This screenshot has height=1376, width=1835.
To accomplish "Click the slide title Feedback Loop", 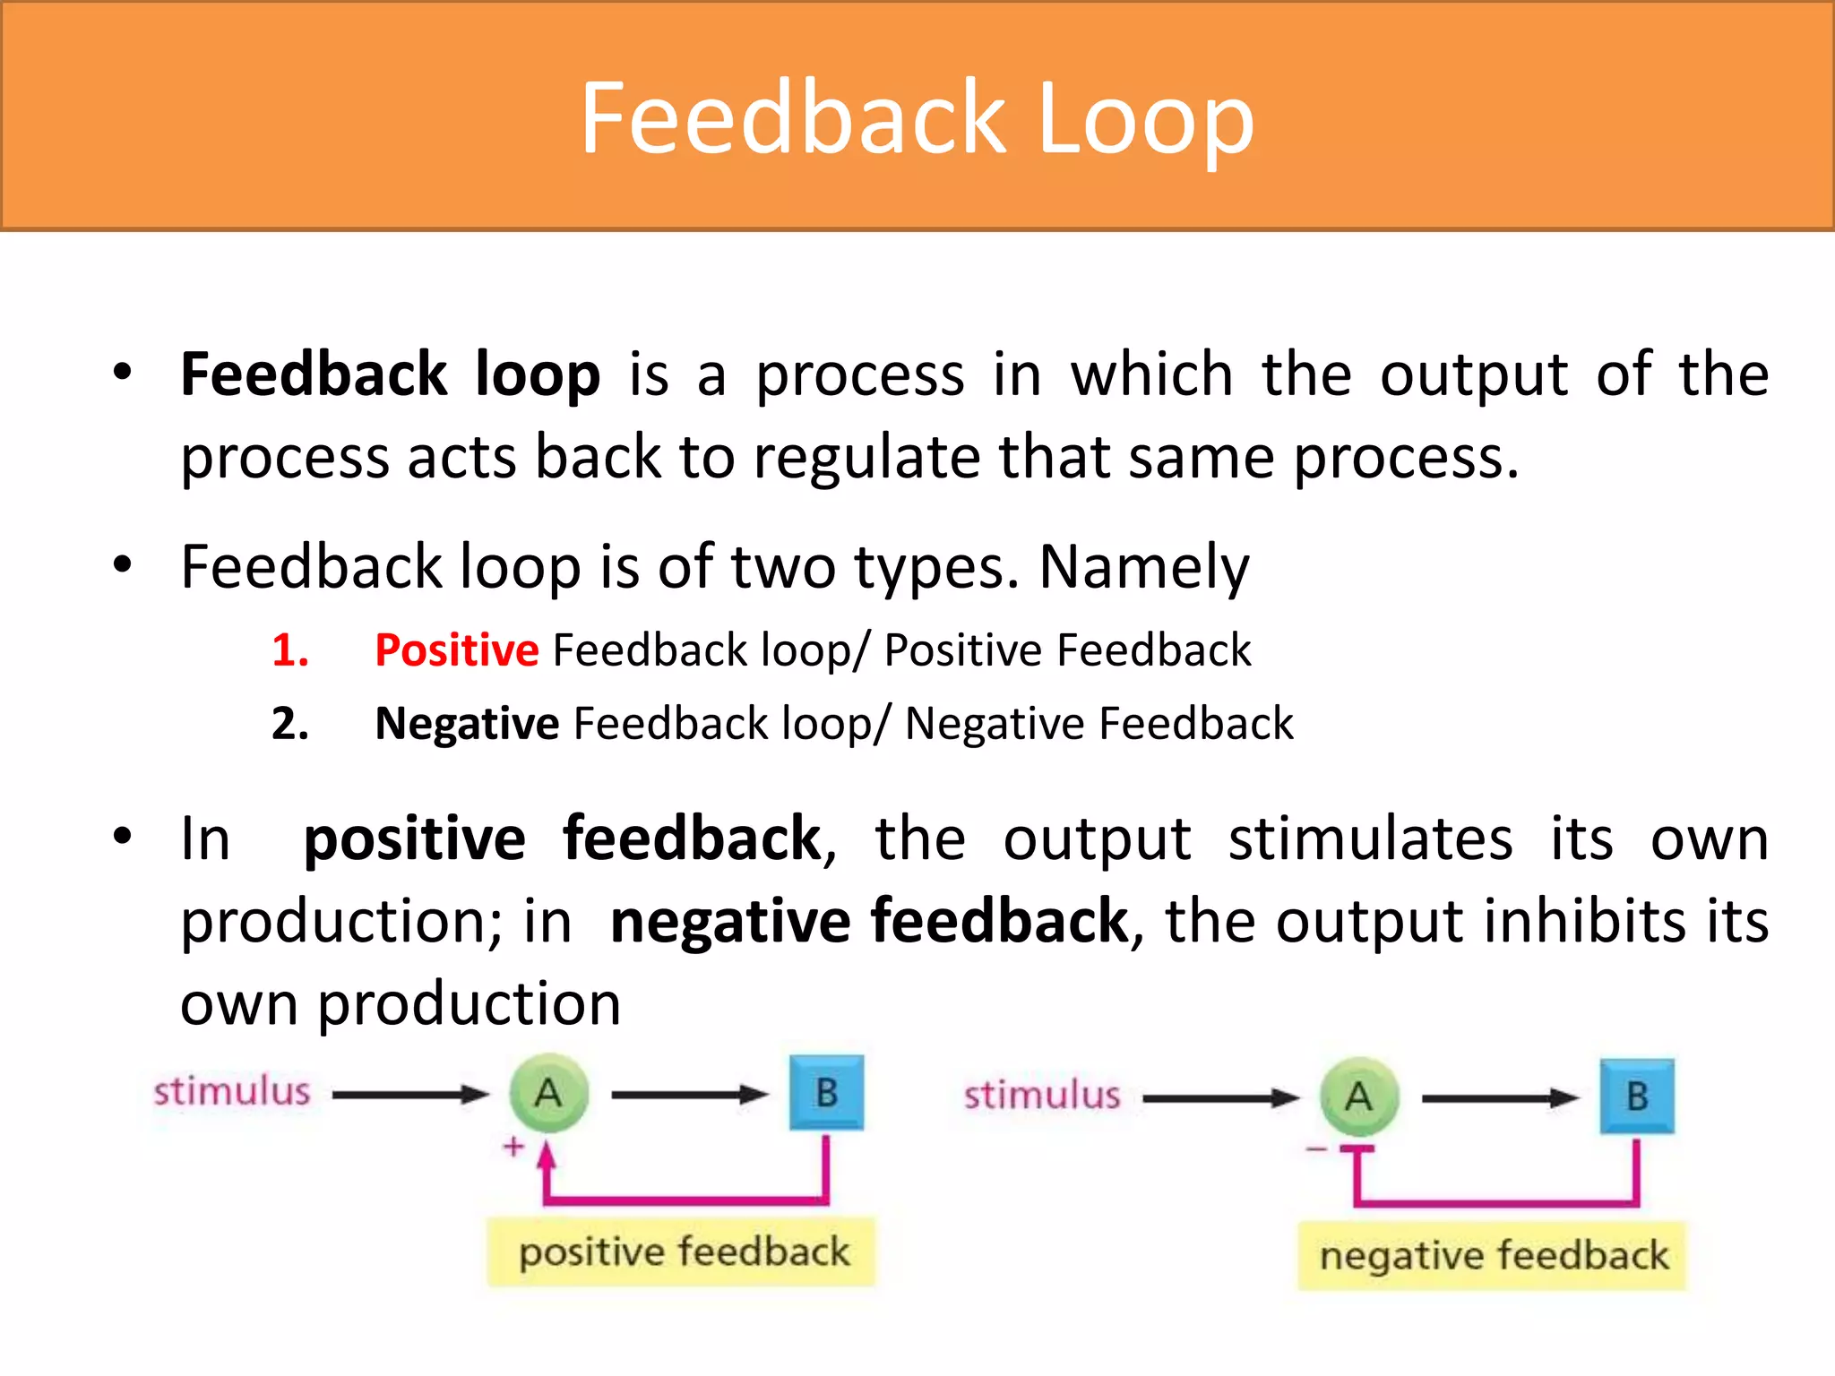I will click(917, 118).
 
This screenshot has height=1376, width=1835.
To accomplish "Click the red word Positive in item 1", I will click(456, 649).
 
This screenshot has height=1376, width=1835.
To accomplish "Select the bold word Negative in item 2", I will click(467, 723).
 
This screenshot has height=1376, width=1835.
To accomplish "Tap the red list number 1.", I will click(289, 649).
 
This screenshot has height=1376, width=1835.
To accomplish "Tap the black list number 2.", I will click(289, 723).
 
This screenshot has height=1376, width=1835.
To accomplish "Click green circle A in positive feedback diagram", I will click(548, 1093).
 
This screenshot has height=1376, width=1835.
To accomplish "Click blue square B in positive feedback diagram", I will click(826, 1093).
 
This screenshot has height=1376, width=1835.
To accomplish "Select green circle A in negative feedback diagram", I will click(1359, 1096).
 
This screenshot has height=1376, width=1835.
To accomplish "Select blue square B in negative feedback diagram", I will click(1637, 1096).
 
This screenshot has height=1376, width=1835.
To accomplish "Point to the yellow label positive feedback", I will click(683, 1251).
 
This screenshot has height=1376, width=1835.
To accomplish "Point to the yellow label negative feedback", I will click(1493, 1255).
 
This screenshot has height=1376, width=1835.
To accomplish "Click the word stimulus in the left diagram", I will click(231, 1091).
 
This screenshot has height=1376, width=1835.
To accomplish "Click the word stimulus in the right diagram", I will click(1042, 1095).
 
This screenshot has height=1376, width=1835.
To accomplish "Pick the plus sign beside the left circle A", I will click(513, 1146).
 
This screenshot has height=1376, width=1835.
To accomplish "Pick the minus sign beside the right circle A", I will click(1315, 1149).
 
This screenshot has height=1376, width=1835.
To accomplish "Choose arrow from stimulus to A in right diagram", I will click(1220, 1097).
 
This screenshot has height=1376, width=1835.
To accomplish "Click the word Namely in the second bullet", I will click(1143, 567).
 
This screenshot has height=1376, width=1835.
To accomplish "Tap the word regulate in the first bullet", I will click(866, 458).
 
